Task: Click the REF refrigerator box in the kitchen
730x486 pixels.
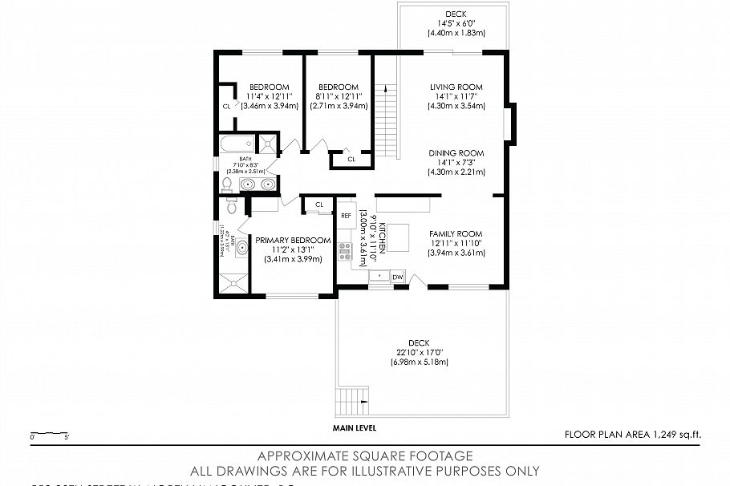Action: click(347, 215)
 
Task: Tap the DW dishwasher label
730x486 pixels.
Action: click(398, 277)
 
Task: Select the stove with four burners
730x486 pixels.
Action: click(347, 251)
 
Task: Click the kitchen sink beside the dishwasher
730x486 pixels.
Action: click(379, 277)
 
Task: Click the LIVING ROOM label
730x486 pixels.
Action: click(456, 87)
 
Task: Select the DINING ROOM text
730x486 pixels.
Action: click(456, 153)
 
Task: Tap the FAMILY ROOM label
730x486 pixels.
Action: click(456, 233)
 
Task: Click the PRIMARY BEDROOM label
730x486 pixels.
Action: click(293, 240)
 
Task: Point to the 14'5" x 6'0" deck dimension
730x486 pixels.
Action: click(456, 23)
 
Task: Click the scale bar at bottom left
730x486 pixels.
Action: click(48, 435)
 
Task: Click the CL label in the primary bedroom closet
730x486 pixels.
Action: click(319, 205)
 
